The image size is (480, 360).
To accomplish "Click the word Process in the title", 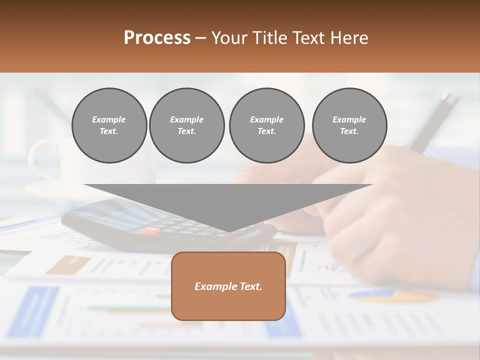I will tap(157, 38).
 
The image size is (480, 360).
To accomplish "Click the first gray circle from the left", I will tap(109, 125).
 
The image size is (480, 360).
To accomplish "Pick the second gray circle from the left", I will tap(187, 125).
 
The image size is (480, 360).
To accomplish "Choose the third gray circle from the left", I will tap(267, 125).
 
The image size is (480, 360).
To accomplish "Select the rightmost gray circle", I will tap(349, 125).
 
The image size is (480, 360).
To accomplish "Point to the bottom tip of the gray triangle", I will tap(228, 231).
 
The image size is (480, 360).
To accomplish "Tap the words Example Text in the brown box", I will tap(228, 286).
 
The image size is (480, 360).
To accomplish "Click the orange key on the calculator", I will tap(150, 231).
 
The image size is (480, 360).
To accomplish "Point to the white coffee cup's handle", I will tap(38, 160).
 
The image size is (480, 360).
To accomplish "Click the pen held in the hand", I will tap(432, 122).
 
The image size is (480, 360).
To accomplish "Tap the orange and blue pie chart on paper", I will tap(395, 296).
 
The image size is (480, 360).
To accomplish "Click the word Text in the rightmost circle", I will tap(349, 131).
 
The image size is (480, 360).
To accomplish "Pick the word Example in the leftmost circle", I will tap(109, 119).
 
